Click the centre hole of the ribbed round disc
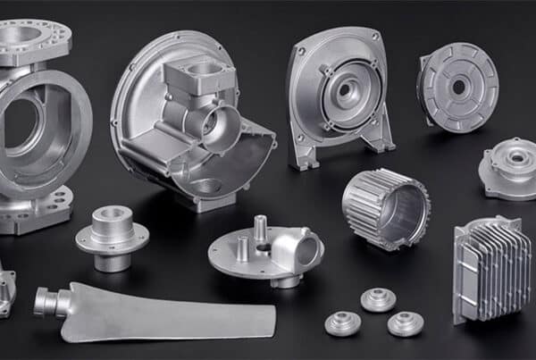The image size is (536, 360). [459, 87]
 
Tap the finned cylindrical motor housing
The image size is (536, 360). [384, 208]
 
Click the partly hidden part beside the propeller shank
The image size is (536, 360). [7, 288]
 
